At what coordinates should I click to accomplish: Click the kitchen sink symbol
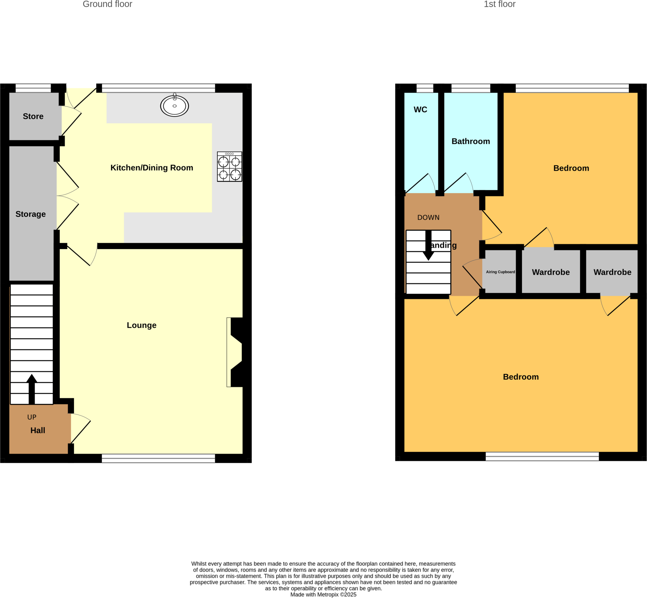click(174, 106)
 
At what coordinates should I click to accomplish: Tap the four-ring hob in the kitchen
click(229, 167)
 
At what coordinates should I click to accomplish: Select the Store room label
click(33, 116)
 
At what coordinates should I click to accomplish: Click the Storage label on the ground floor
click(31, 214)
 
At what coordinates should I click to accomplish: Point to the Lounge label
click(141, 325)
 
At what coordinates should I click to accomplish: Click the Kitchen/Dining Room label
click(152, 168)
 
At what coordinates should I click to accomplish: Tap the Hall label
click(38, 430)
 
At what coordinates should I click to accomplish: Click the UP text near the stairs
click(32, 417)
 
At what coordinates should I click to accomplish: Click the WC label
click(420, 109)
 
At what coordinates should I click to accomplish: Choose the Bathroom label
click(471, 141)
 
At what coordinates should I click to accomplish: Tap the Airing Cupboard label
click(500, 272)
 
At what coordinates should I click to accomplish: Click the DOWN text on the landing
click(428, 217)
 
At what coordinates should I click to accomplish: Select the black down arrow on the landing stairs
click(428, 245)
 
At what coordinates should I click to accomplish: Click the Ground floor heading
click(107, 4)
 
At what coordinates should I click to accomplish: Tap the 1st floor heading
click(499, 4)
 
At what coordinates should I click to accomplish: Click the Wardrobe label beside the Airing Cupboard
click(551, 272)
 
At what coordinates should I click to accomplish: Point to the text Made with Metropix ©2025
click(323, 595)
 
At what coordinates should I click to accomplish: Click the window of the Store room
click(33, 88)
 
